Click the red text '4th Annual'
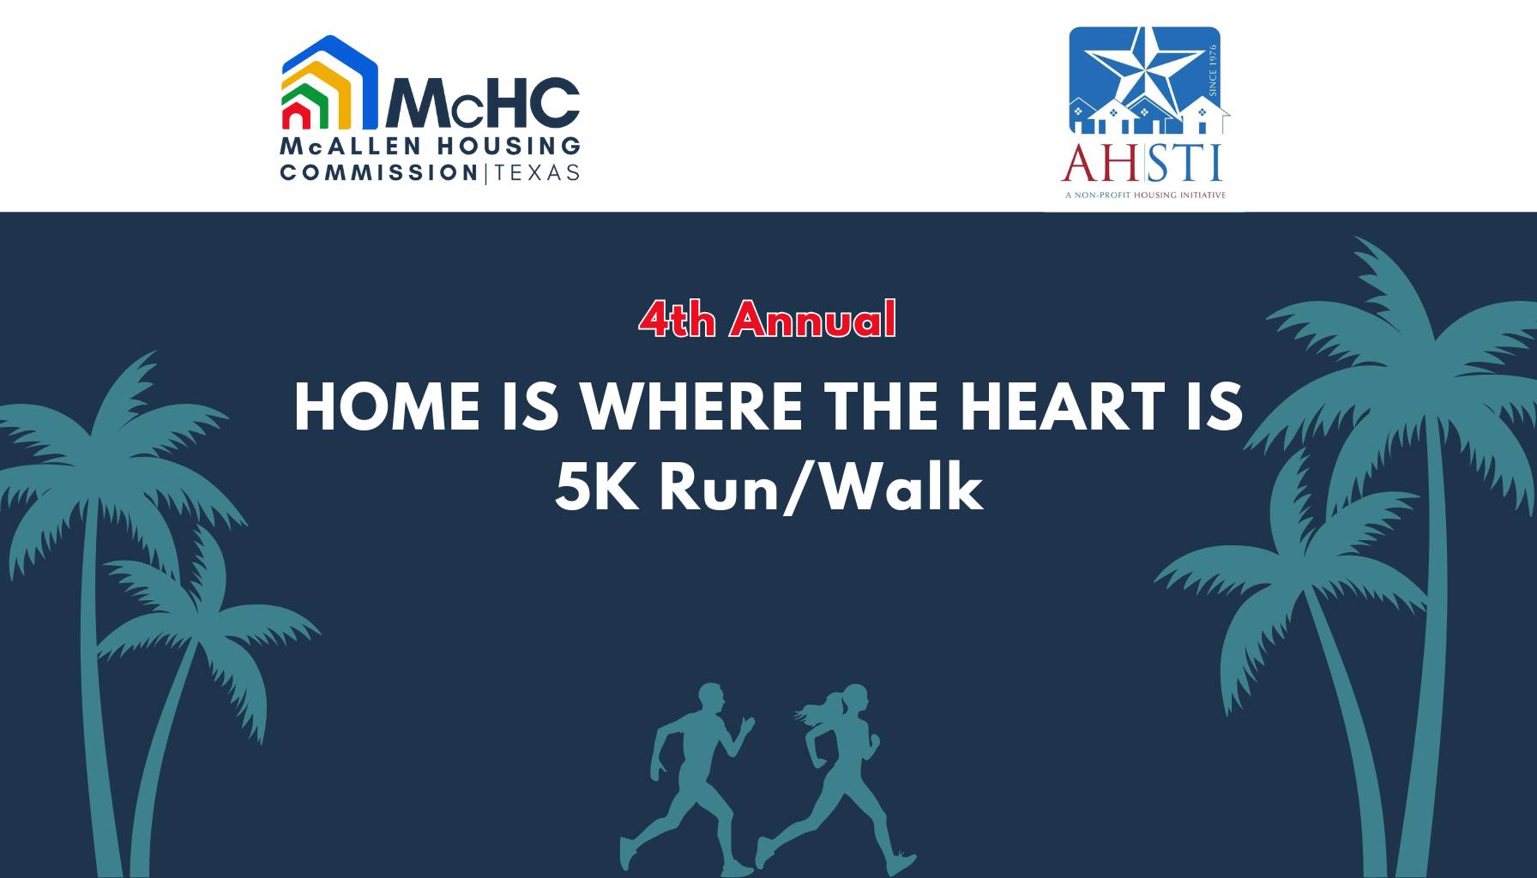768,319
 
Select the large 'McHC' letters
484,102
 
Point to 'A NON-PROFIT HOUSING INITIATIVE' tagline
1145,195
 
